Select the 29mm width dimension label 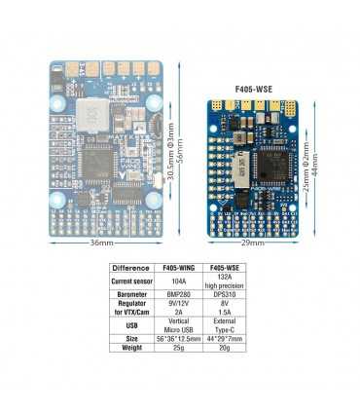click(256, 243)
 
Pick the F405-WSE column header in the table click(224, 267)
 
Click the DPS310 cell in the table click(224, 301)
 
